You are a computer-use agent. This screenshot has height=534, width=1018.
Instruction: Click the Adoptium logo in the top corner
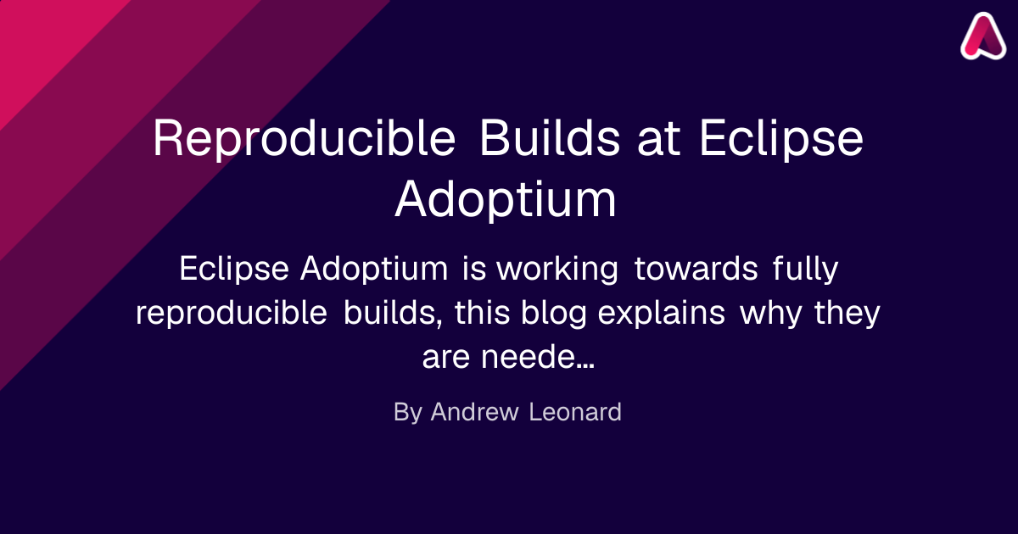coord(983,36)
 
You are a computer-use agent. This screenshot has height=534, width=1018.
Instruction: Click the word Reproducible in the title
coord(304,139)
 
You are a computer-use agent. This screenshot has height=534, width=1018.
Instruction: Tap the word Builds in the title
coord(550,137)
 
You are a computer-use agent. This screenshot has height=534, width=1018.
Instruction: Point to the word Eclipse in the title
coord(781,139)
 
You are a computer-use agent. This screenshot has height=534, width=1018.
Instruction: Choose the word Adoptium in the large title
coord(506,200)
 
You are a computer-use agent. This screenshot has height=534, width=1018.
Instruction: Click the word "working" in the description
coord(557,270)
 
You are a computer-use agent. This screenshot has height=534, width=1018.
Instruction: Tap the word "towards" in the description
coord(696,269)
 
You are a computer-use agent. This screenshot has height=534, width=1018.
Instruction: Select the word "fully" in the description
coord(805,270)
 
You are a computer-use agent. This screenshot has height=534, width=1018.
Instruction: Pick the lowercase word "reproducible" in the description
coord(232,314)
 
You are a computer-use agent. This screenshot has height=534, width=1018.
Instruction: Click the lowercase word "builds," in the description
coord(393,313)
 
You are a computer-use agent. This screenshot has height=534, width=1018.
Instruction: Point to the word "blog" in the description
coord(553,314)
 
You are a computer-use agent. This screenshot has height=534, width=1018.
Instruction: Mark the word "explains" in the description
coord(661,314)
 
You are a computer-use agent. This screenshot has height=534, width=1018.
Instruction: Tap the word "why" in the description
coord(771,314)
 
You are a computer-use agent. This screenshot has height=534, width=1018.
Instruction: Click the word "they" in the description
coord(847,314)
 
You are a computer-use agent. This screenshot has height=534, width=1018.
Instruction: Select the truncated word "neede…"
coord(538,357)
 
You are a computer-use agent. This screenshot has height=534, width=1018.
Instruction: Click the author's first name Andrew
coord(474,412)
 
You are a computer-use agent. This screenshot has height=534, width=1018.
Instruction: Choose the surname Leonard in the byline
coord(575,412)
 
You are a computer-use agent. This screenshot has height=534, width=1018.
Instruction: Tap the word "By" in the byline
coord(408,413)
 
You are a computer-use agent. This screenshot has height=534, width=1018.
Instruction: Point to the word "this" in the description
coord(482,313)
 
